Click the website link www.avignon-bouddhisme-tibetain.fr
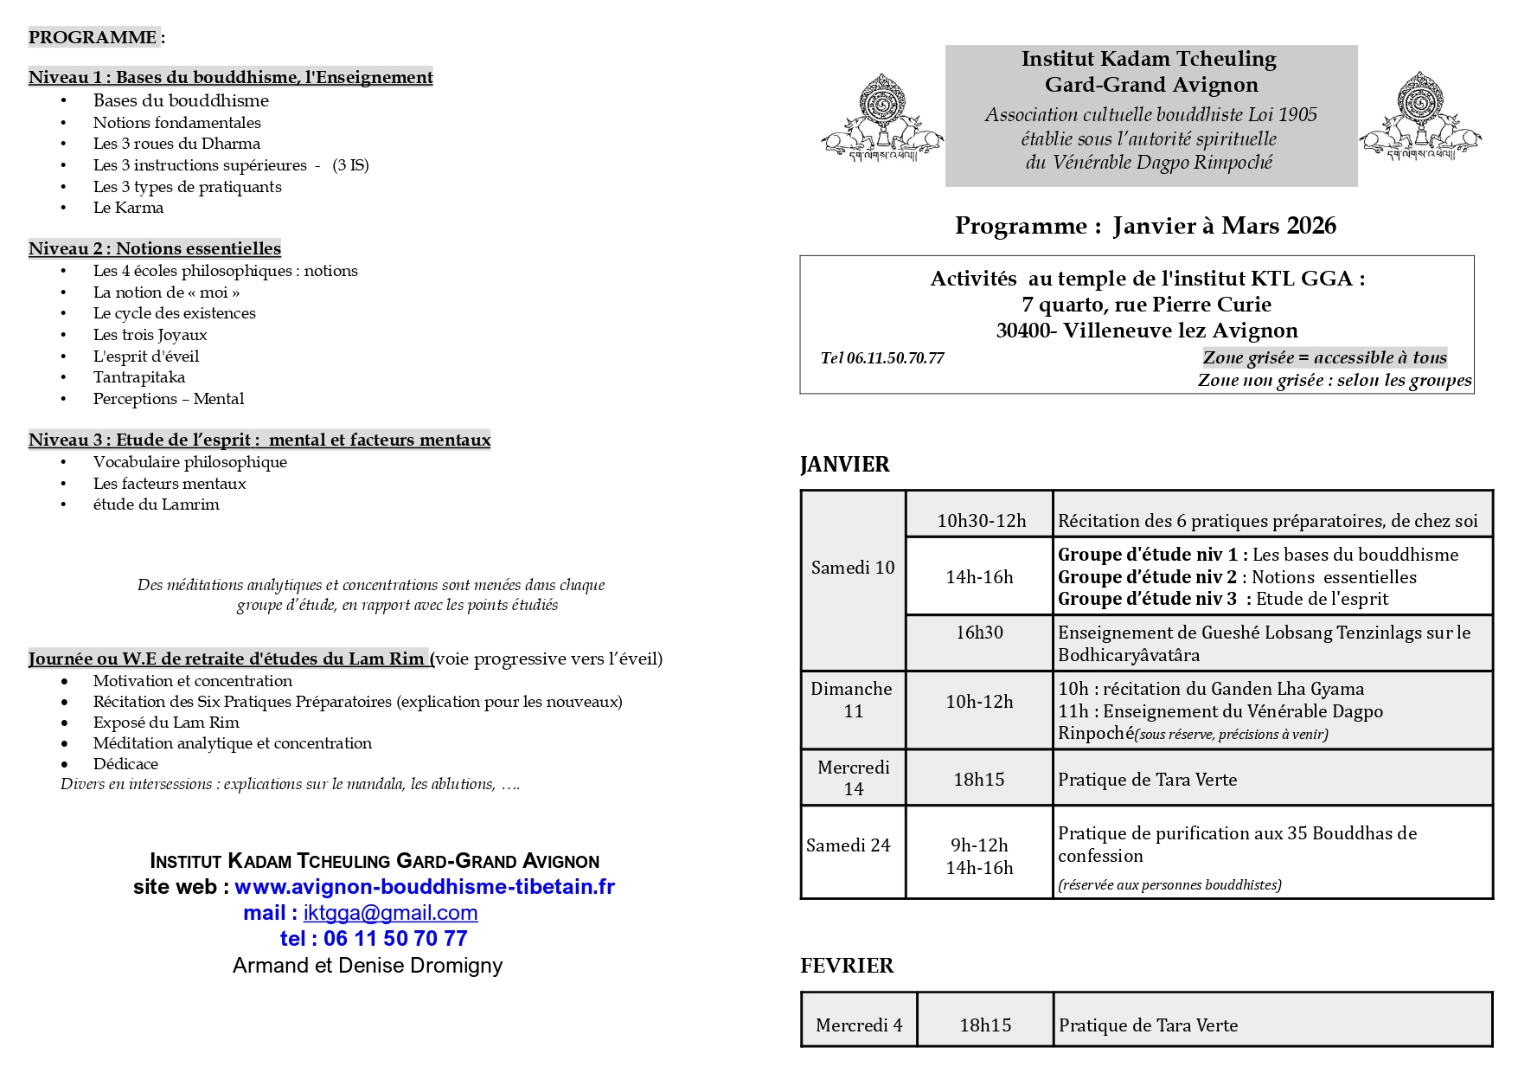[424, 887]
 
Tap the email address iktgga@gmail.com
[390, 913]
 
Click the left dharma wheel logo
[881, 118]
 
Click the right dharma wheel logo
[1419, 118]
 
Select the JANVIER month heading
[844, 465]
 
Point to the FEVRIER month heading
[846, 966]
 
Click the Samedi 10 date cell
[853, 568]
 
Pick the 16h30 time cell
[979, 633]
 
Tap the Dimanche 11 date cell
[852, 700]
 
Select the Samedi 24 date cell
[848, 845]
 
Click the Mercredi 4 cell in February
[858, 1025]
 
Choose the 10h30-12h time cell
[981, 521]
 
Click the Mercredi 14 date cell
[853, 778]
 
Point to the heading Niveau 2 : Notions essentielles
[155, 248]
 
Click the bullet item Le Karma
[128, 208]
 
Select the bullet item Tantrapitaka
[138, 377]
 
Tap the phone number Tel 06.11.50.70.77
[881, 358]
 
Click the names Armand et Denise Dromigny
[367, 966]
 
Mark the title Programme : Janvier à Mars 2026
[1144, 226]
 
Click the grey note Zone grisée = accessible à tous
[1324, 357]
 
